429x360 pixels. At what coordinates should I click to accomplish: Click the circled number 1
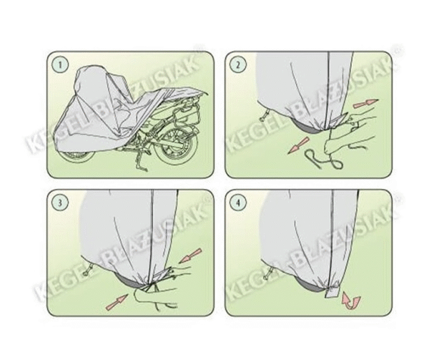60,65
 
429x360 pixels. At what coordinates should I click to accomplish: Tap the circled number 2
238,65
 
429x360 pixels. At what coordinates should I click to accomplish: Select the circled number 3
60,203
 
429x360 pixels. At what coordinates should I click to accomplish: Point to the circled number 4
238,203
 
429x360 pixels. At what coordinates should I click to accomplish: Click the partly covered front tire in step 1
74,157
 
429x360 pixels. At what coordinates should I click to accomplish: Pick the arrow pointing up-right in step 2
366,104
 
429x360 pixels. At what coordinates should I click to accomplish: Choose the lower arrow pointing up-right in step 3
117,302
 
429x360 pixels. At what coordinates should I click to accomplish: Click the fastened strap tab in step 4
332,291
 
